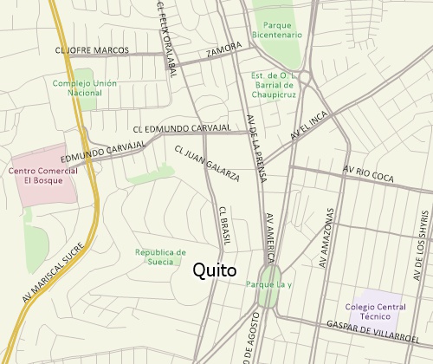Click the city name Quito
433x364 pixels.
(213, 270)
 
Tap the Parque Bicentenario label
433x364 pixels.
(277, 29)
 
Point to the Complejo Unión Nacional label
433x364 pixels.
(83, 88)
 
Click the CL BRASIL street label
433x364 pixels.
(223, 225)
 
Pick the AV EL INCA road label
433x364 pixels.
(311, 128)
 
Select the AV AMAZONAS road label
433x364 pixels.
(327, 238)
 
